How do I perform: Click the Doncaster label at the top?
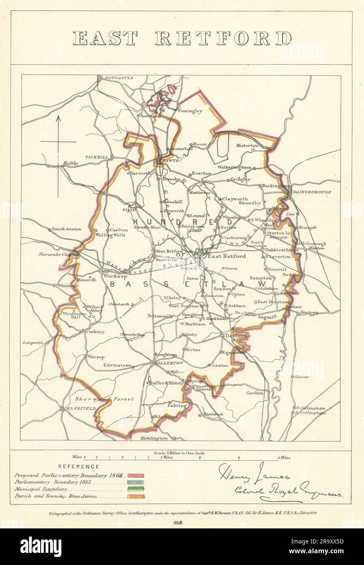[119, 78]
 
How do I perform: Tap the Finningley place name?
[190, 110]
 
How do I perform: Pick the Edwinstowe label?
[117, 365]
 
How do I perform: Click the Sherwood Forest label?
[104, 399]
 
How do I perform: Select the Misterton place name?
[247, 146]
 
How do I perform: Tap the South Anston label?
[66, 229]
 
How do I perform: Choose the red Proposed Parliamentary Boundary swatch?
[136, 475]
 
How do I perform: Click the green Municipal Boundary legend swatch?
[136, 489]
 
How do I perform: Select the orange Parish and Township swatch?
[136, 496]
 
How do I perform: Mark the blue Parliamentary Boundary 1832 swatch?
[136, 482]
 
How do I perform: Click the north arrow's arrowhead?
[58, 118]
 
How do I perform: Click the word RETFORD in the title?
[223, 39]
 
